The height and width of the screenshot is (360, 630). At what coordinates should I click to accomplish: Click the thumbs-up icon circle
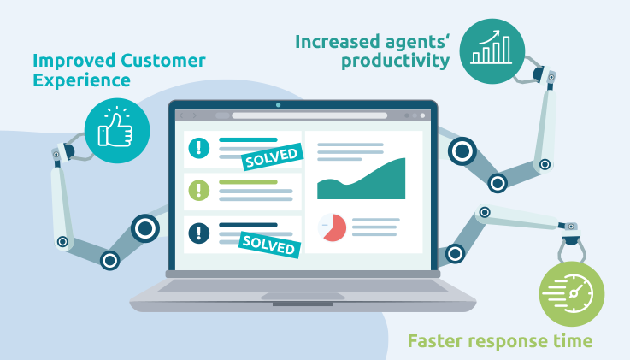117,130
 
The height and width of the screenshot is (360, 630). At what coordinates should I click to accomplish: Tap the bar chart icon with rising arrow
492,50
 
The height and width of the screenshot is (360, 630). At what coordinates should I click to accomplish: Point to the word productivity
395,62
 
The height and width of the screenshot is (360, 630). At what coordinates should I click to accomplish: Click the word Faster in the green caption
439,341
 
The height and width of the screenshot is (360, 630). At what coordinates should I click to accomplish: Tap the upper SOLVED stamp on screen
272,156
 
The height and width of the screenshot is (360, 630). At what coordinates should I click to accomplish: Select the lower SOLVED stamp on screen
271,244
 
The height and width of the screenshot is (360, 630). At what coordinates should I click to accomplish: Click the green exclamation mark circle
199,190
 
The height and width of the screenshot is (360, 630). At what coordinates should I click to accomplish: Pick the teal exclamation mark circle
199,148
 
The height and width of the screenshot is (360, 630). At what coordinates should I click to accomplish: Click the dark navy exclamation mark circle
199,232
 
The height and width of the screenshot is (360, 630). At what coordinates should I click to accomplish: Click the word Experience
81,81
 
